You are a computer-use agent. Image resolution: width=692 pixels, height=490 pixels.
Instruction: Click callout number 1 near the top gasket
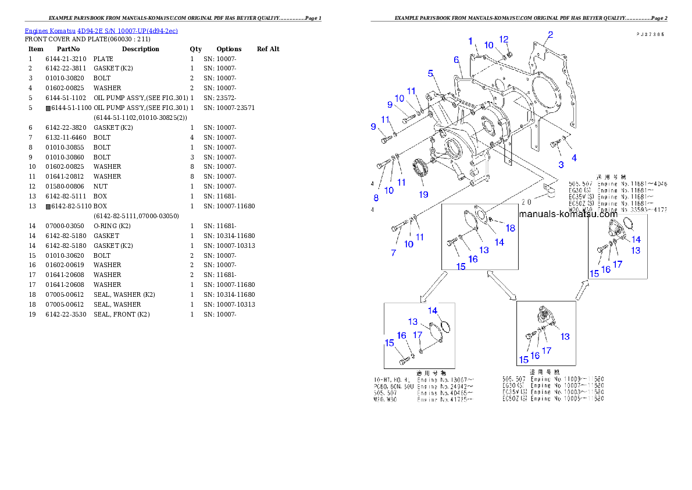(470, 41)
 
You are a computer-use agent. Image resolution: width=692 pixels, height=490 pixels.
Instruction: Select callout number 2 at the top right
(550, 35)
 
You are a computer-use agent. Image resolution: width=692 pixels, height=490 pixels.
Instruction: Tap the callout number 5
(430, 73)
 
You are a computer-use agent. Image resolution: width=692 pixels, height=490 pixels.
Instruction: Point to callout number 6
(456, 59)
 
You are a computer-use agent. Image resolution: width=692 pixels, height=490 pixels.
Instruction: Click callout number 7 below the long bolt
(394, 253)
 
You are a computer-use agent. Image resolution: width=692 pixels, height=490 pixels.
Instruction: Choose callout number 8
(376, 198)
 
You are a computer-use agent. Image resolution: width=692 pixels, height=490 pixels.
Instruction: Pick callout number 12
(504, 39)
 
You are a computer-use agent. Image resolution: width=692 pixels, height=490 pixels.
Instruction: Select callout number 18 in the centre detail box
(510, 229)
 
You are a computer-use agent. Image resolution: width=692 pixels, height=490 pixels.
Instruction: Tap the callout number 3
(561, 165)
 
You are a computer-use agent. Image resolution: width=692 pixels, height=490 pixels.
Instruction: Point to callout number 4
(574, 158)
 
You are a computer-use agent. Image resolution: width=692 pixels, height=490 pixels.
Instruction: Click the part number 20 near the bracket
(526, 203)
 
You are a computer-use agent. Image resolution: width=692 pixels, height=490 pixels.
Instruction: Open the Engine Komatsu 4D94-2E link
(101, 30)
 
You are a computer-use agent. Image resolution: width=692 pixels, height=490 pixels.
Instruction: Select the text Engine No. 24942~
(445, 386)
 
